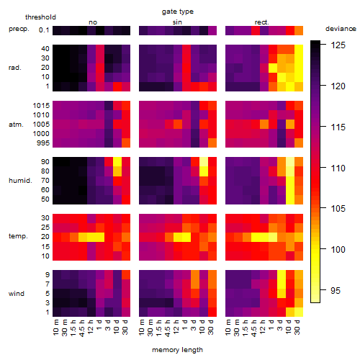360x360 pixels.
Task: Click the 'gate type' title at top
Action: (178, 12)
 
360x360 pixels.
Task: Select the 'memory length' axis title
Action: (177, 350)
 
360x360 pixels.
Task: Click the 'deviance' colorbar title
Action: (341, 29)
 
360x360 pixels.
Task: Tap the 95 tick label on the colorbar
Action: (336, 291)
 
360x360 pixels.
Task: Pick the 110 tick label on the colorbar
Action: (338, 168)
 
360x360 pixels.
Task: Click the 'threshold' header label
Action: (40, 17)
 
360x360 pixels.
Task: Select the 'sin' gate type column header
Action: (177, 22)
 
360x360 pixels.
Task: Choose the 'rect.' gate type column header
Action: (262, 22)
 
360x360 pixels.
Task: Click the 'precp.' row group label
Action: (19, 30)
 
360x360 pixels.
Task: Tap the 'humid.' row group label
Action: (20, 181)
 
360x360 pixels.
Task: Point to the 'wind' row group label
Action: (17, 294)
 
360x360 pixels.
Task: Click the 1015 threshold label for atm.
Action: (41, 106)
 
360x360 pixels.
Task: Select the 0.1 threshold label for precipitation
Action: (44, 30)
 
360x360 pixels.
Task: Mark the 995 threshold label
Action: (43, 143)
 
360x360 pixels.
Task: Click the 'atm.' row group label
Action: (16, 125)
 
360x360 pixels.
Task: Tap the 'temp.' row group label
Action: (18, 236)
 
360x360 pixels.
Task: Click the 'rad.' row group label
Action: (15, 68)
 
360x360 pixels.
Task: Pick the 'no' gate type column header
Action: (93, 22)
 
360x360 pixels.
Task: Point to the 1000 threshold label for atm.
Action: (41, 134)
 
